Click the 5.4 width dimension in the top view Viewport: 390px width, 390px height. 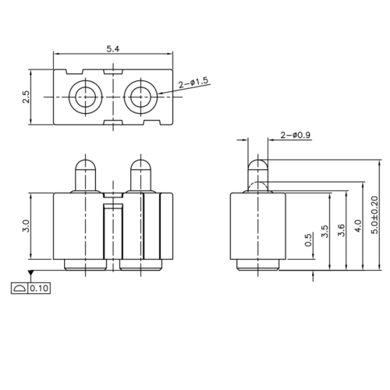[114, 48]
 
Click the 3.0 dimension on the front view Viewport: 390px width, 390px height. [27, 226]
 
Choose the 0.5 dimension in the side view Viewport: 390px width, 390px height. [310, 243]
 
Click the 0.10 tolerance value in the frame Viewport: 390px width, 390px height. [38, 289]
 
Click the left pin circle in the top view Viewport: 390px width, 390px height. [83, 96]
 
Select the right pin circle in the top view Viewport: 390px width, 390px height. [141, 96]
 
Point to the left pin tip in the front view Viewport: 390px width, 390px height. [83, 166]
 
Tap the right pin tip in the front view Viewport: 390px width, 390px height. [140, 166]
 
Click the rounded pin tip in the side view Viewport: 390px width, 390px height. [257, 165]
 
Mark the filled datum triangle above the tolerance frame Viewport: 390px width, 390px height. [30, 273]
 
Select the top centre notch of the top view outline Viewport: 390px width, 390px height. [113, 71]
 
